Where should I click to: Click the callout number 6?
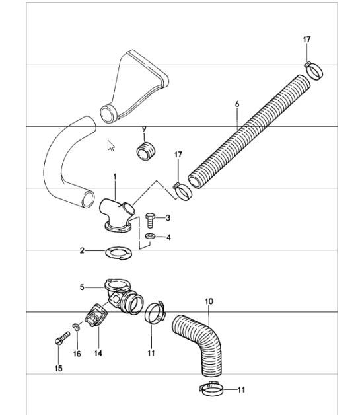(x=237, y=104)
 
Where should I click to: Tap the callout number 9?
(x=144, y=129)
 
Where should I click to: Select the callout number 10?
(x=209, y=301)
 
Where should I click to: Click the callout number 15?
(x=59, y=368)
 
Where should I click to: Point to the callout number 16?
(x=77, y=354)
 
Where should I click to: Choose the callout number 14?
(x=98, y=353)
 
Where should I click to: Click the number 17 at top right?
(x=306, y=40)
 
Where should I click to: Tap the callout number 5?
(x=82, y=287)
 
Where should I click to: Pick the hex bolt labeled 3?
(x=150, y=221)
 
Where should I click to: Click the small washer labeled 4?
(x=150, y=236)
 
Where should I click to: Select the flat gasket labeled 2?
(x=119, y=253)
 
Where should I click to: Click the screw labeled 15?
(x=62, y=338)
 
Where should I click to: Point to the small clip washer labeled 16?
(x=77, y=326)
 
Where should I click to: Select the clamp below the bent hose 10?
(x=211, y=389)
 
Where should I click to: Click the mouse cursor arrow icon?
(x=111, y=145)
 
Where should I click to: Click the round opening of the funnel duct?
(x=108, y=114)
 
